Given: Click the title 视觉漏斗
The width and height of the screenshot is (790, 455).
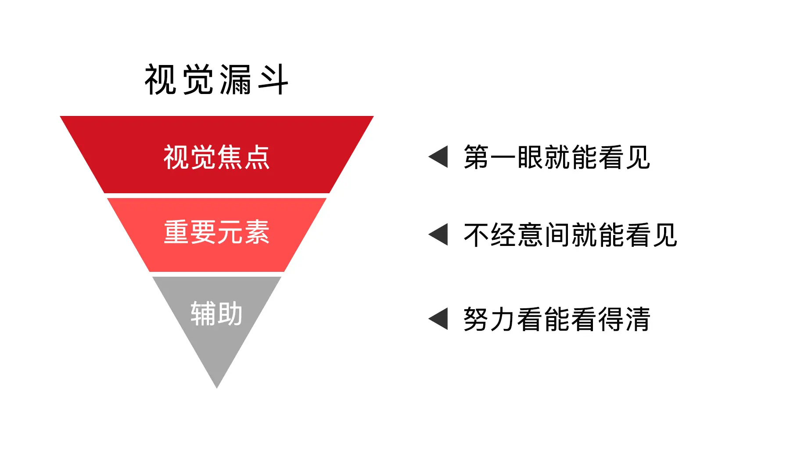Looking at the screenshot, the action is coord(216,79).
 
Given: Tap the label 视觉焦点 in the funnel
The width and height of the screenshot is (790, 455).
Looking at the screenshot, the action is coord(216,157).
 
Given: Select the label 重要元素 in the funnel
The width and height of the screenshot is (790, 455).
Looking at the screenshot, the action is coord(216,232).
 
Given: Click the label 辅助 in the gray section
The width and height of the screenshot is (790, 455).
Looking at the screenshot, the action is coord(216,314).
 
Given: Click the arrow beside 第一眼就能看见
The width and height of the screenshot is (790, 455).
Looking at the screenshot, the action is coord(438,157).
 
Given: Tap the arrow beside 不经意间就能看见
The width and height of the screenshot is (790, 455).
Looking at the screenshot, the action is coord(438,235).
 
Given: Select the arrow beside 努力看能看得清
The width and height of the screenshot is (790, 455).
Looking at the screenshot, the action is coord(438,318).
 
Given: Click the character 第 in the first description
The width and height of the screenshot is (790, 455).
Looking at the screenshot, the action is coord(477,157).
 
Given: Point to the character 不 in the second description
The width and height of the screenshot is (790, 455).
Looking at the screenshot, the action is coord(477,235).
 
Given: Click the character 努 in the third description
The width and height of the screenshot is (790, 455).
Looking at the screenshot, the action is coord(477,319).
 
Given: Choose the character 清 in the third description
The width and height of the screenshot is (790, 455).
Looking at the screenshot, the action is coord(638,319).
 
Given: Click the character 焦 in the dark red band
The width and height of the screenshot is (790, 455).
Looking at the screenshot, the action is coord(230,157).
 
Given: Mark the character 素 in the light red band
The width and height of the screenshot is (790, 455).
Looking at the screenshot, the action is coord(257,232).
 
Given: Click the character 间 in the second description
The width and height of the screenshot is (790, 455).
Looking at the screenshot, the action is coord(557,235).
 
